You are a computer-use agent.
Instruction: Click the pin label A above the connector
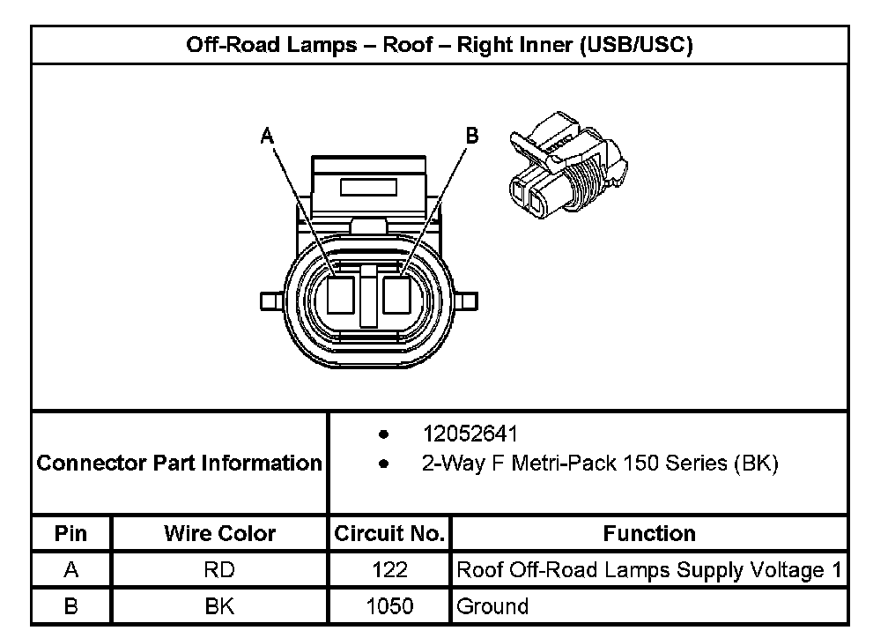[268, 136]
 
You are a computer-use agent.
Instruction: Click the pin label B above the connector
[471, 135]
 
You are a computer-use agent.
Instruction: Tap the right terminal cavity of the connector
[396, 295]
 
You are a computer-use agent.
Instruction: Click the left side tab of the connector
[271, 301]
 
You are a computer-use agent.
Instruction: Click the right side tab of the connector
[466, 301]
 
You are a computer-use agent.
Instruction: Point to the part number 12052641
[470, 434]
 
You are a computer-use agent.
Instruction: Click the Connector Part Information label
[180, 463]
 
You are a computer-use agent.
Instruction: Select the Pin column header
[71, 533]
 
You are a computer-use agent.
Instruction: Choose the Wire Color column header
[219, 533]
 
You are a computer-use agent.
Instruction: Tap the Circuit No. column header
[389, 533]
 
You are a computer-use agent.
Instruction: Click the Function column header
[649, 533]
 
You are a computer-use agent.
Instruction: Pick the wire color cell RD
[219, 570]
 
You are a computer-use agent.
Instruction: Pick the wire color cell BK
[219, 606]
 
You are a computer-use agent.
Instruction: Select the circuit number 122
[389, 570]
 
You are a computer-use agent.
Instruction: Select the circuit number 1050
[389, 606]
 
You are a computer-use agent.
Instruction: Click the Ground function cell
[492, 606]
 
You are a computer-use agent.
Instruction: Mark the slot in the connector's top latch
[369, 188]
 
